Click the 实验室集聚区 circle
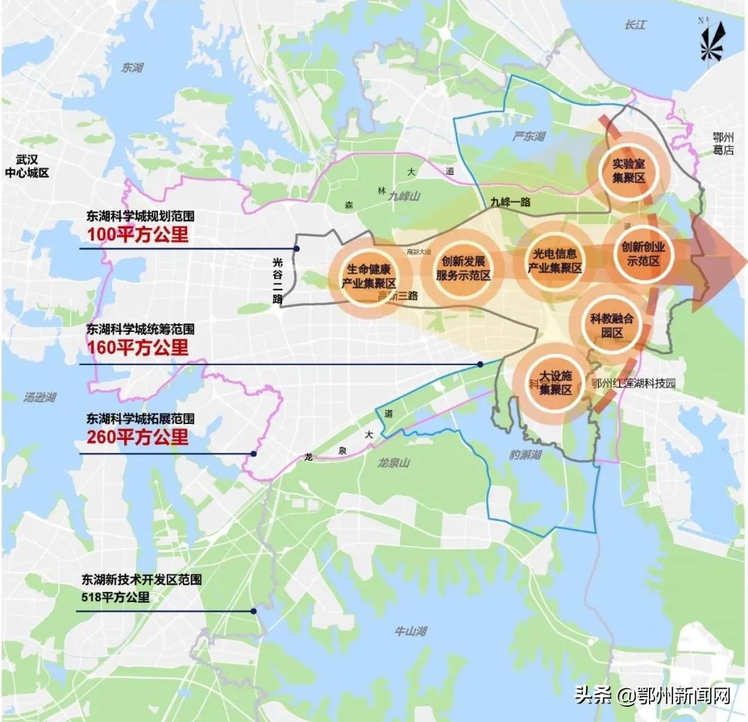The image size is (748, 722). (x=629, y=170)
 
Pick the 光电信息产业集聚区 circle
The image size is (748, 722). (x=554, y=261)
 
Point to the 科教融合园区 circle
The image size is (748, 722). (x=612, y=325)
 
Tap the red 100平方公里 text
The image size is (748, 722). (x=137, y=234)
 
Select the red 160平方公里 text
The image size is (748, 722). (x=137, y=346)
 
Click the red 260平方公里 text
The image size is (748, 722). (x=137, y=437)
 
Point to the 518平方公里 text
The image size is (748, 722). (x=116, y=597)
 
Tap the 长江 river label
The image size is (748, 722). (x=634, y=25)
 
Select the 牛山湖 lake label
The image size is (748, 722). (x=410, y=631)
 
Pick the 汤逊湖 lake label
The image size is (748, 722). (x=39, y=397)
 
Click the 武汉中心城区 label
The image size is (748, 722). (x=27, y=166)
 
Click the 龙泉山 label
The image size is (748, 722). (x=395, y=461)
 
